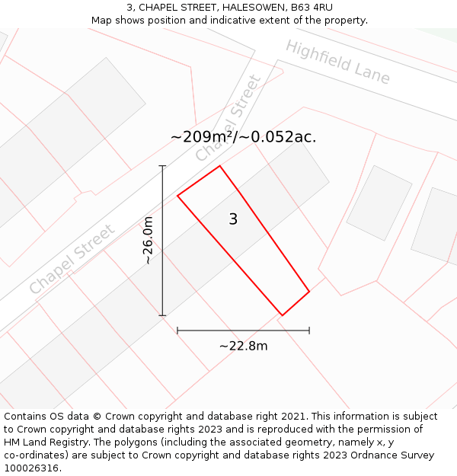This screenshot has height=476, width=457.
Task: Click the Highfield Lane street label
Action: click(337, 62)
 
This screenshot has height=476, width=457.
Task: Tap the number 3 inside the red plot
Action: click(233, 219)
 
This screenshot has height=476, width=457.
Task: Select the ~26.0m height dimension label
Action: click(148, 240)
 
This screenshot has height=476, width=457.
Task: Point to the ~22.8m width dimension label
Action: click(244, 346)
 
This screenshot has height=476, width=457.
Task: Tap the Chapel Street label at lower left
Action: click(72, 259)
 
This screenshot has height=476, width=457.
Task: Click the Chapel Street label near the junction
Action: click(228, 118)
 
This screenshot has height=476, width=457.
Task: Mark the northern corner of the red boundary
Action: click(219, 166)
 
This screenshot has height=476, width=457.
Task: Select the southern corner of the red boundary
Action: click(283, 315)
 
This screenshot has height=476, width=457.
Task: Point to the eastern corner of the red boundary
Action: click(309, 291)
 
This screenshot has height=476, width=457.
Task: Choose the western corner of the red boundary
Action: click(177, 196)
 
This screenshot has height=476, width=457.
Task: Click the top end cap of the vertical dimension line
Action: click(162, 165)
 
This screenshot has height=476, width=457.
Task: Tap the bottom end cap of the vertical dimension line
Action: click(162, 315)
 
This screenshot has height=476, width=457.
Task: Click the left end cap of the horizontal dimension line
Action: click(177, 331)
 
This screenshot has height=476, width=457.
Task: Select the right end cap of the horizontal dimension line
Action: click(309, 331)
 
